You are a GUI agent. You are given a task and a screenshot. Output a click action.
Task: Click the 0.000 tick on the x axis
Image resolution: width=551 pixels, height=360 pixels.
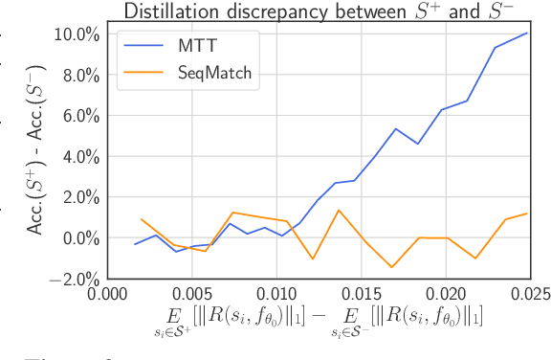pyautogui.click(x=107, y=294)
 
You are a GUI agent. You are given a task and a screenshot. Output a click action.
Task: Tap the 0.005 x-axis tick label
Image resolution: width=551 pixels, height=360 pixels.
pyautogui.click(x=191, y=294)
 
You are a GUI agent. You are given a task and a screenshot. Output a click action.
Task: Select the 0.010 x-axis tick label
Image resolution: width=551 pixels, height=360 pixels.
pyautogui.click(x=275, y=294)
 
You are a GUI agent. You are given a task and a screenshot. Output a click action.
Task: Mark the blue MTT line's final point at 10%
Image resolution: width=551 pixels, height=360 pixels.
pyautogui.click(x=527, y=34)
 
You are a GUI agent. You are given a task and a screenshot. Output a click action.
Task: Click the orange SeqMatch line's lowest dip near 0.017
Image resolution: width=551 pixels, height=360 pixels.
pyautogui.click(x=392, y=267)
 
